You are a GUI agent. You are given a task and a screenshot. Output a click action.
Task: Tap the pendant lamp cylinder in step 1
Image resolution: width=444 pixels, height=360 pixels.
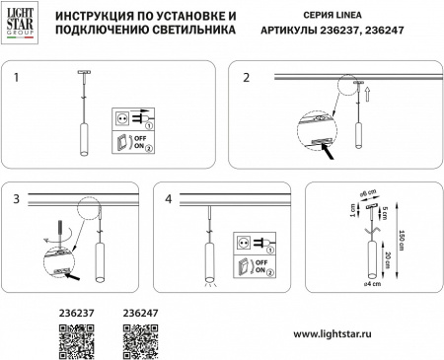pos(79,142)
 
